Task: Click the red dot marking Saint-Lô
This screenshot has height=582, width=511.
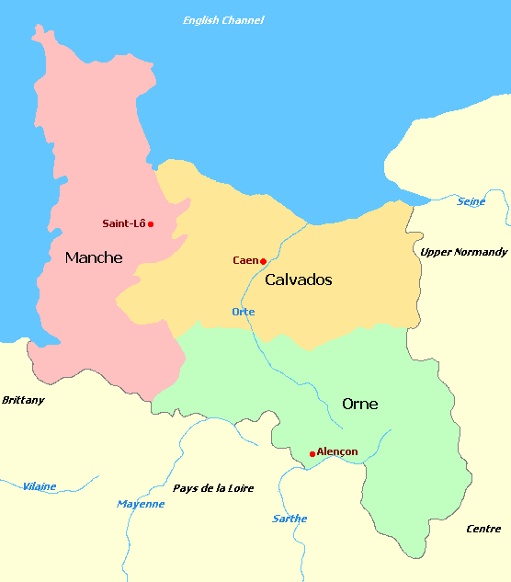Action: tap(150, 223)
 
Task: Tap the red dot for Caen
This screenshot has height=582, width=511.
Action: tap(263, 261)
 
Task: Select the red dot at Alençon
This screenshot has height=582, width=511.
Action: tap(312, 453)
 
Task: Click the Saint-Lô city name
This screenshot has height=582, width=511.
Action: tap(123, 223)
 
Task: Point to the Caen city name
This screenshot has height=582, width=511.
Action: tap(244, 260)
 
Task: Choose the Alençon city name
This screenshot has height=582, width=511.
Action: tap(337, 451)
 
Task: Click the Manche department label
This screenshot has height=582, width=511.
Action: tap(94, 258)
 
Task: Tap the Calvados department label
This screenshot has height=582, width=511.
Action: tap(298, 280)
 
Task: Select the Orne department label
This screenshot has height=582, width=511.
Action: tap(359, 404)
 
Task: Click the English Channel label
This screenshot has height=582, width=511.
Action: tap(223, 20)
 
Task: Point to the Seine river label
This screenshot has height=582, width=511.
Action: tap(471, 201)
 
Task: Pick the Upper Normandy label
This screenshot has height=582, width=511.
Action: tap(463, 252)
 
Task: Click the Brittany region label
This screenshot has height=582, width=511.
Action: tap(23, 400)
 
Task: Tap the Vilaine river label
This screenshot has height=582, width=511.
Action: tap(39, 486)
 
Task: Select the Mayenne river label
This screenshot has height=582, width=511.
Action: tap(141, 504)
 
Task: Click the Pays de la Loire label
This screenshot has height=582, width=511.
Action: tap(213, 488)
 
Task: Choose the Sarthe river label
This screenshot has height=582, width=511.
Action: tap(290, 519)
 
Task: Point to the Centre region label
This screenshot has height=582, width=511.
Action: tap(483, 529)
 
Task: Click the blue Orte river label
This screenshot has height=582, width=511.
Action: tap(244, 312)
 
